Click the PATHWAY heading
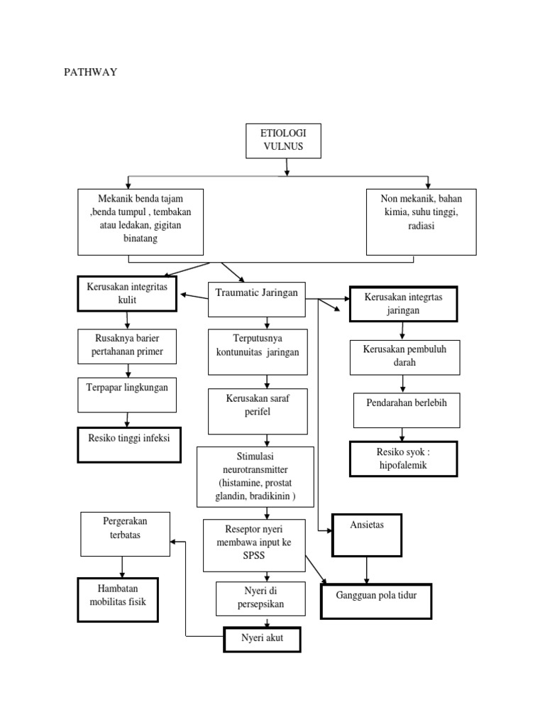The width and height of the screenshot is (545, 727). (90, 72)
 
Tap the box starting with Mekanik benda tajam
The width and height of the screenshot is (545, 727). (140, 222)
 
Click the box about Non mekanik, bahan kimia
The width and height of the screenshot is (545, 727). (421, 222)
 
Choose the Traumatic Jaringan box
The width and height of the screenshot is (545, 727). (257, 299)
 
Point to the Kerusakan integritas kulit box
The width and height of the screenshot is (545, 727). (126, 293)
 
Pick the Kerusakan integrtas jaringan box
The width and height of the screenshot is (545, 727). (403, 304)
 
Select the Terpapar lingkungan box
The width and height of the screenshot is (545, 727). (128, 395)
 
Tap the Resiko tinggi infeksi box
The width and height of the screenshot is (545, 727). (128, 444)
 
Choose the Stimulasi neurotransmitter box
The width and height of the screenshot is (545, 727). (255, 476)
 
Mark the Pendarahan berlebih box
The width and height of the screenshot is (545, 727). (404, 410)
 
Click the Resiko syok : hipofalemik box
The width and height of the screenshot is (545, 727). (403, 458)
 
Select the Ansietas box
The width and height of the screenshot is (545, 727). (366, 535)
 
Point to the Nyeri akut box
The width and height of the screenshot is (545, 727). (262, 639)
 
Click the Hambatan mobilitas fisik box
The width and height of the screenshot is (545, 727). (118, 600)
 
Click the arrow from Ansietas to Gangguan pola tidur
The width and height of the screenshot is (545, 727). (366, 570)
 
